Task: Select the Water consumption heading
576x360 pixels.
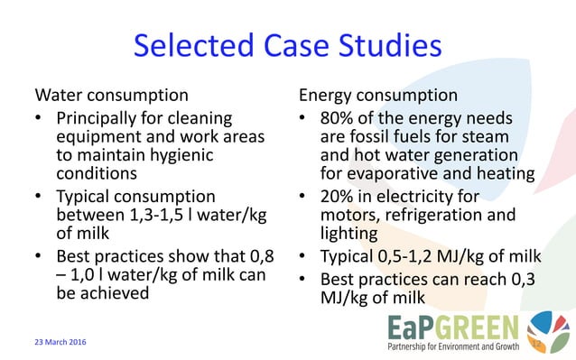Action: point(111,95)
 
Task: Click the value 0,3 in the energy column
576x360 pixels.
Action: point(526,279)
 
